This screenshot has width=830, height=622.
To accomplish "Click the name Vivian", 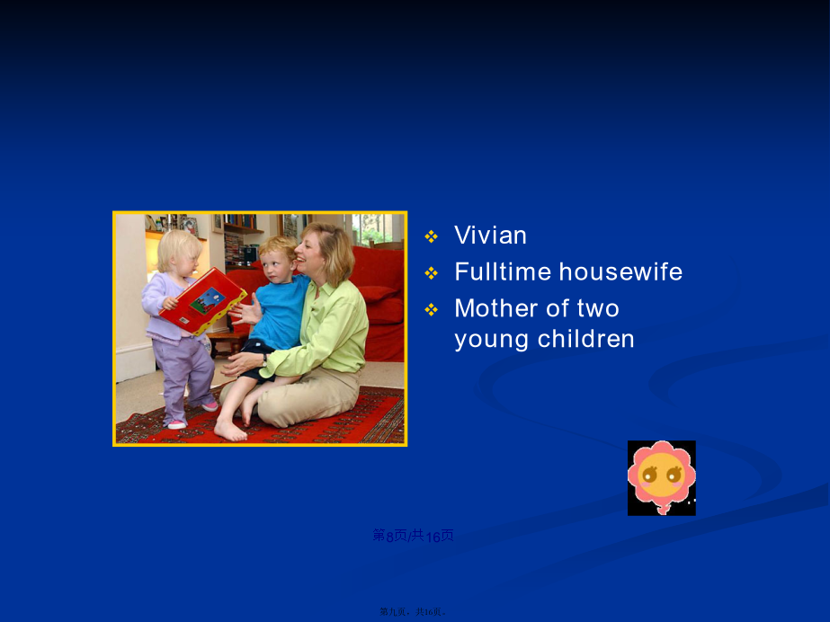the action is point(490,235).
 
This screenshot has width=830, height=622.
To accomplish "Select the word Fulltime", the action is point(503,271).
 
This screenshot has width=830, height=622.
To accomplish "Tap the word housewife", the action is point(620,271).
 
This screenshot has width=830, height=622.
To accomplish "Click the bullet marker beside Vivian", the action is point(432,236).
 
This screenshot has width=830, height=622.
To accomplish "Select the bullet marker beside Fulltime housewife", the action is point(432,273).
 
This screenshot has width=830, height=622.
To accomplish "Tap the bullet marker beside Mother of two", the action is point(432,309).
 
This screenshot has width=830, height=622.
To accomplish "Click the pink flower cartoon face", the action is point(661,477).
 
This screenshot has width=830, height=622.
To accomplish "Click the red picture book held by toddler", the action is point(202,300).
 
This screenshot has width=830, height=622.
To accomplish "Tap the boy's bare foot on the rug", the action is point(230,431).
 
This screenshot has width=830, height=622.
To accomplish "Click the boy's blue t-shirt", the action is point(281,312).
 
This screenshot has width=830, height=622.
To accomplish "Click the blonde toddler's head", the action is point(179,252).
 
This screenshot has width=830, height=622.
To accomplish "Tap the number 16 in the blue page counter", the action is point(433,537).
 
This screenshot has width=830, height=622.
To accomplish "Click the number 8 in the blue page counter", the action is point(390,537).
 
